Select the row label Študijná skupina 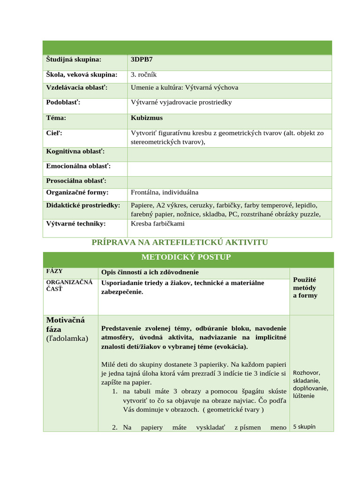pyautogui.click(x=74, y=60)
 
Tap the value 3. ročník pyautogui.click(x=146, y=75)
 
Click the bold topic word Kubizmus pyautogui.click(x=147, y=118)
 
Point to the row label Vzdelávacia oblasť pyautogui.click(x=77, y=88)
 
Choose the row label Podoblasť pyautogui.click(x=63, y=102)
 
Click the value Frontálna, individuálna pyautogui.click(x=165, y=192)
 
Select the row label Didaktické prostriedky pyautogui.click(x=83, y=205)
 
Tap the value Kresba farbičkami pyautogui.click(x=157, y=224)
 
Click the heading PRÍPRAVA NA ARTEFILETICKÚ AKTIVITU pyautogui.click(x=180, y=242)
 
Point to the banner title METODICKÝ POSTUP pyautogui.click(x=186, y=257)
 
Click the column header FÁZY pyautogui.click(x=54, y=271)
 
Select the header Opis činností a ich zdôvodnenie pyautogui.click(x=150, y=272)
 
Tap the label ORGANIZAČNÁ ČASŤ pyautogui.click(x=65, y=285)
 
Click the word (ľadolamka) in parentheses pyautogui.click(x=67, y=338)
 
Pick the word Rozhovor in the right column pyautogui.click(x=306, y=373)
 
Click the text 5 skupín pyautogui.click(x=304, y=427)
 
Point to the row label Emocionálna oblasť pyautogui.click(x=78, y=166)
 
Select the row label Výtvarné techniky pyautogui.click(x=75, y=224)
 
